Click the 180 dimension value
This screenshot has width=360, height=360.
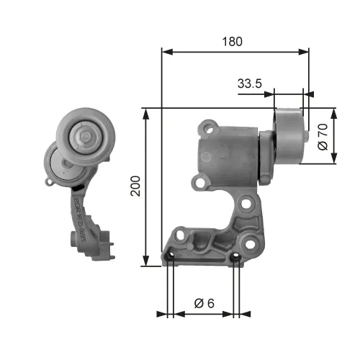(232, 41)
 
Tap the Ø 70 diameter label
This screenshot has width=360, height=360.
(323, 136)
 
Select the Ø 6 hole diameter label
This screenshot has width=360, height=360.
(204, 305)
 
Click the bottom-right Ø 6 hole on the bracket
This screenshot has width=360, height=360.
(236, 256)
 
